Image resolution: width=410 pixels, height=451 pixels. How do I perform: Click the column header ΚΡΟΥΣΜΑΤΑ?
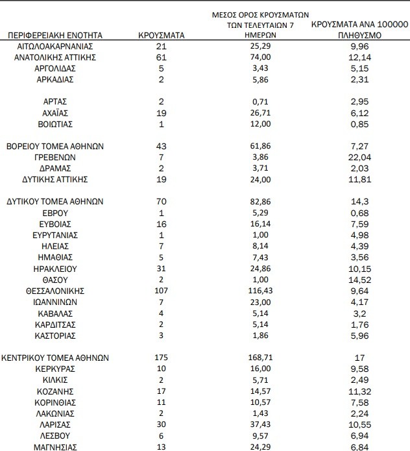point(162,35)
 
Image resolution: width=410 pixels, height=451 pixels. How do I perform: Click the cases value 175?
point(162,357)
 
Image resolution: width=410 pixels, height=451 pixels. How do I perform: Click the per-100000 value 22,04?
point(359,157)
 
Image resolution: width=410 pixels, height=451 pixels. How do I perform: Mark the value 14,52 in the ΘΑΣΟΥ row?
point(359,279)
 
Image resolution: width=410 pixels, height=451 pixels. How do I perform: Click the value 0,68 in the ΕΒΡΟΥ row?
point(359,212)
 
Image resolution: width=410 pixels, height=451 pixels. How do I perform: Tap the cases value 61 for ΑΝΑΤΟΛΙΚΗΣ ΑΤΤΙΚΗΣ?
point(162,58)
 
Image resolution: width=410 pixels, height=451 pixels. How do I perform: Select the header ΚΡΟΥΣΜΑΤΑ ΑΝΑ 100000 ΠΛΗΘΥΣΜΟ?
point(359,29)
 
